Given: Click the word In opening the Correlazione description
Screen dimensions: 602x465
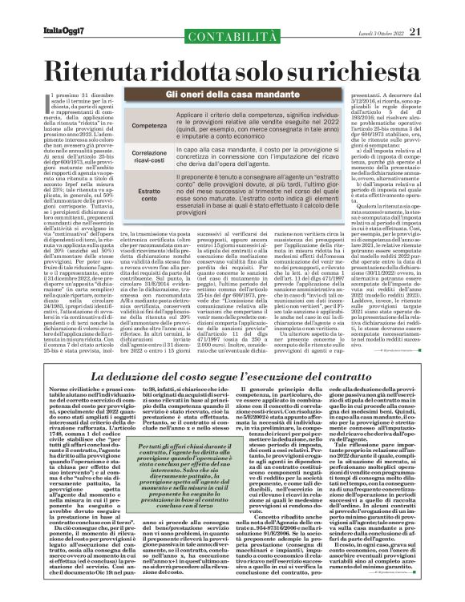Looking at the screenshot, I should tap(181, 148).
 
